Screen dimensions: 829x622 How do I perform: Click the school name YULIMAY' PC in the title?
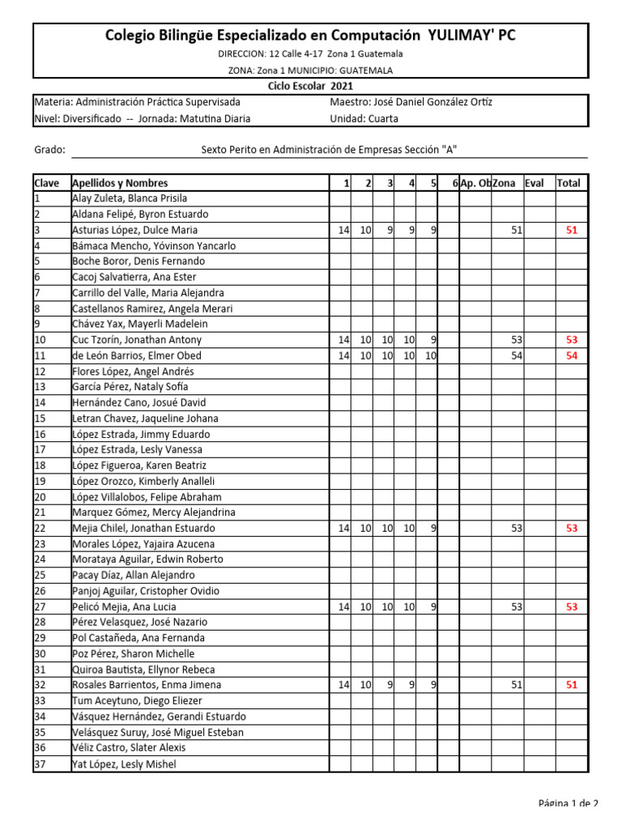point(471,35)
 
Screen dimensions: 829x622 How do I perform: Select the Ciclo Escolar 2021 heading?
point(311,87)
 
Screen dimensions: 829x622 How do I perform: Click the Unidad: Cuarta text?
point(364,118)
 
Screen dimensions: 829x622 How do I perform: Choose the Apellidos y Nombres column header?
point(120,183)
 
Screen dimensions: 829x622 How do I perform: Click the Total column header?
point(569,183)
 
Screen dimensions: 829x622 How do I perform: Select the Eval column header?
point(534,183)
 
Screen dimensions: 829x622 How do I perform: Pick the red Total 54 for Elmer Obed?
point(572,355)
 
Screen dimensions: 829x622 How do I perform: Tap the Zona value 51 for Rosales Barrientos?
point(517,685)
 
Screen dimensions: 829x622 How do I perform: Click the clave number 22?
point(40,528)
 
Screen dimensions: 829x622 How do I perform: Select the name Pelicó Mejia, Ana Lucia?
point(124,606)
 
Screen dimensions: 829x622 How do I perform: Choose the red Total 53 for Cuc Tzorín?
point(572,340)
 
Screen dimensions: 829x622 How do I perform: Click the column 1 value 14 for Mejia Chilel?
point(343,528)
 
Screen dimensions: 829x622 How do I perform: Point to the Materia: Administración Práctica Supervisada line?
point(137,102)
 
